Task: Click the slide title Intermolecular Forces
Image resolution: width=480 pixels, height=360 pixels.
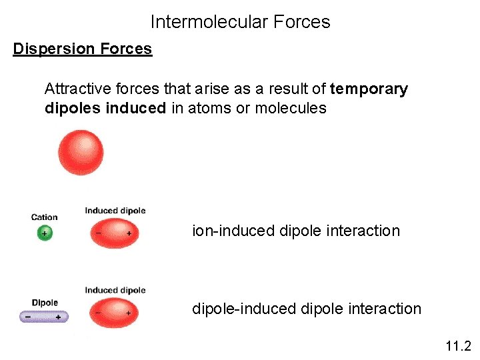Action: coord(240,22)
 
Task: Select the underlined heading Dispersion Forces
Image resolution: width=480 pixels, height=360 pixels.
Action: coord(83,49)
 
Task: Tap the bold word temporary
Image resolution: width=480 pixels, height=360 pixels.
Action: coord(369,89)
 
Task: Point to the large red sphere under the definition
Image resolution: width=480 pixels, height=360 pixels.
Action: coord(81,152)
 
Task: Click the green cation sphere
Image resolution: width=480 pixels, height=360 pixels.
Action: coord(45,233)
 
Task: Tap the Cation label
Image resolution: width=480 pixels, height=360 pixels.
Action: coord(45,217)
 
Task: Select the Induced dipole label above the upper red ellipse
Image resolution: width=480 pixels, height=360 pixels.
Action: coord(115,211)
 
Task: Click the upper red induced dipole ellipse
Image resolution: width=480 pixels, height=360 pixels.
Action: coord(114,234)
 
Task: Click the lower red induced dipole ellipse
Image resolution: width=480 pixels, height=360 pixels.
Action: coord(114,313)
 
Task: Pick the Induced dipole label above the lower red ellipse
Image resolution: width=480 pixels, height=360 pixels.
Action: coord(115,290)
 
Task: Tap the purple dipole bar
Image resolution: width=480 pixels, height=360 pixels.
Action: coord(44,317)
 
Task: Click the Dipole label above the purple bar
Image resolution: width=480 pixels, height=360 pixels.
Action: coord(45,303)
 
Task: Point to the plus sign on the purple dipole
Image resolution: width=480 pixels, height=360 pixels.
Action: coord(58,317)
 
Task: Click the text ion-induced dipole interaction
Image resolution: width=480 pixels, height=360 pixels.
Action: coord(296,231)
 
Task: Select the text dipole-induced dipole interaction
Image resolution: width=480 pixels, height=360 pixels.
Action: coord(307,309)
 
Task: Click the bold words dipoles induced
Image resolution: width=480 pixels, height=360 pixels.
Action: coord(105,108)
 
